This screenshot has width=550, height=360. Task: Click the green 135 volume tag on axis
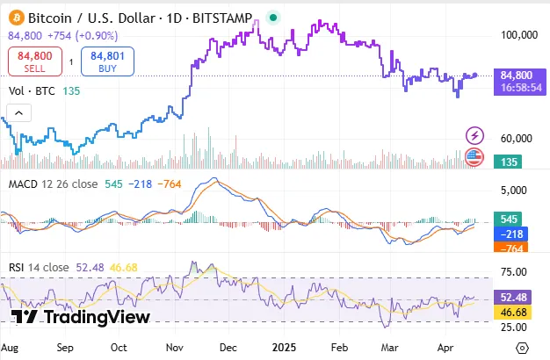506,162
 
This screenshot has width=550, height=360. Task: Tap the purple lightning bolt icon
475,135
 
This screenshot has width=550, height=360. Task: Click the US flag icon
475,157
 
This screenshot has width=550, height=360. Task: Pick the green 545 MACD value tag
506,219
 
